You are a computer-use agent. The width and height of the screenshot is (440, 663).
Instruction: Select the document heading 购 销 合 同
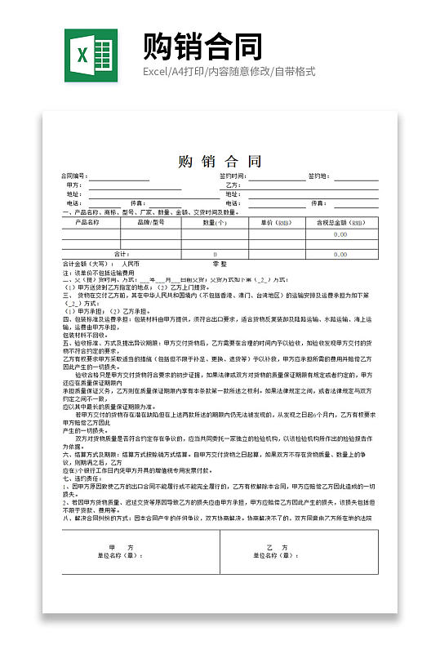tap(220, 161)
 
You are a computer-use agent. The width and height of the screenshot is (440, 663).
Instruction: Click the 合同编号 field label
tap(73, 176)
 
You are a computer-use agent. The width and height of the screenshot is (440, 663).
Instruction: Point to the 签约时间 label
tap(233, 176)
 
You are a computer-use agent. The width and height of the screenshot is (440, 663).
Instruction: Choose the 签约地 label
tap(318, 176)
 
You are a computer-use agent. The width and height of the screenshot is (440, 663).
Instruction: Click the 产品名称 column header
tap(87, 221)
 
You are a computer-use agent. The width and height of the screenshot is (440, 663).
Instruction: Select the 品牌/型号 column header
tap(151, 221)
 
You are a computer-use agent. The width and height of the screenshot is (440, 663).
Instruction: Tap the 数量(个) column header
tap(214, 221)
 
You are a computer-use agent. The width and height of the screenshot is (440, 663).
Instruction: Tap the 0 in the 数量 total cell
tap(215, 254)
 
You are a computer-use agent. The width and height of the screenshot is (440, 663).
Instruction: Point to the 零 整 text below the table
tap(220, 264)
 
